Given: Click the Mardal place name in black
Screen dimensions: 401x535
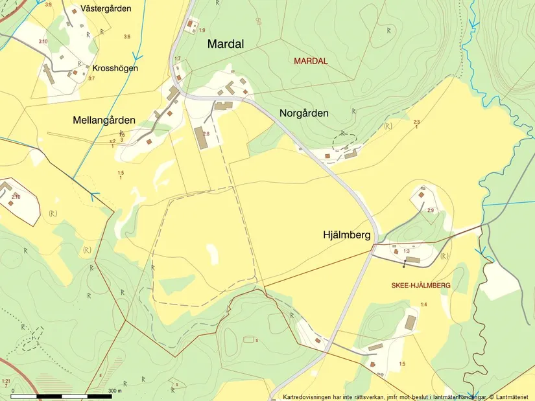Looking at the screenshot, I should coord(226,45).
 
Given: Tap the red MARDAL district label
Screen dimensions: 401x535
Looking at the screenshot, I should coord(311,61).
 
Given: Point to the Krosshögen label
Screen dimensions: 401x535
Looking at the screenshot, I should coord(115,68).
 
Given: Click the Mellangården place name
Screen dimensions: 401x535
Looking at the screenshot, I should coord(104,120).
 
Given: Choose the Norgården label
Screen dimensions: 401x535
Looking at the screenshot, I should coord(303,113).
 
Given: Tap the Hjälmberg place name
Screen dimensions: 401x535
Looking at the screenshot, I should coord(346,236).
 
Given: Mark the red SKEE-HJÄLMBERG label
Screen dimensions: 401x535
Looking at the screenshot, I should coord(421,285).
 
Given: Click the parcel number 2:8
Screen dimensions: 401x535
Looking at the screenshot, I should coord(206,133).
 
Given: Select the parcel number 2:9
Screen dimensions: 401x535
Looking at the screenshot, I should coord(430,211).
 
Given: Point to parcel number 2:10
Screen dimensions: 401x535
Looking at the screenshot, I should coord(16,197).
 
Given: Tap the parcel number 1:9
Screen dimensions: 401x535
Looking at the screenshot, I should coord(202,30).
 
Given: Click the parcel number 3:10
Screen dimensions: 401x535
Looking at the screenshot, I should coord(43,41).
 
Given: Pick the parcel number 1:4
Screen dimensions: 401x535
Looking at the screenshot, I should coord(423,304).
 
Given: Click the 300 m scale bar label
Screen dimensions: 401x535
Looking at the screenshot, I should coord(115,391).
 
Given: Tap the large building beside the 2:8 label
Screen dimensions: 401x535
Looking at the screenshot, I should coord(198,138).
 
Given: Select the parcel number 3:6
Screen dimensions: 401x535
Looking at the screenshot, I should coord(127,36).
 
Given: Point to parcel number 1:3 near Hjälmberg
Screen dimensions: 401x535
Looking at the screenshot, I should coord(407,251).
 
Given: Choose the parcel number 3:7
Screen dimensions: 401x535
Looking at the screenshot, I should coord(91,78).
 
